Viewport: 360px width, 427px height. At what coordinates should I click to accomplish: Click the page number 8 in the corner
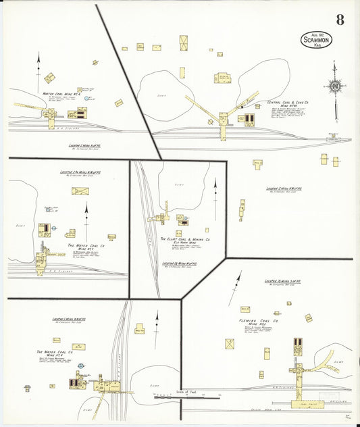pyautogui.click(x=340, y=20)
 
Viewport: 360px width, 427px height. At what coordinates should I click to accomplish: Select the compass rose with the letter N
pyautogui.click(x=334, y=86)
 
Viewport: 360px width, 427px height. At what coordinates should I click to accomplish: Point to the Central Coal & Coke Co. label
pyautogui.click(x=288, y=105)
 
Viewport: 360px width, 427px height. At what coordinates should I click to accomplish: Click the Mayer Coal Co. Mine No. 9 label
pyautogui.click(x=55, y=354)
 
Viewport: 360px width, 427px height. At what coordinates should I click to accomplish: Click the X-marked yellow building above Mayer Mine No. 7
pyautogui.click(x=80, y=191)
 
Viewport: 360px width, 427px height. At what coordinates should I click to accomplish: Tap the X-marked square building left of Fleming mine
pyautogui.click(x=230, y=344)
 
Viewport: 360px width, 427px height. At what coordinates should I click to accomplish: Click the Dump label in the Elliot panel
pyautogui.click(x=178, y=184)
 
